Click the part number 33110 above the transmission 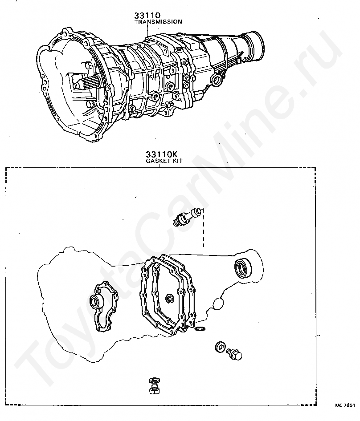click(148, 16)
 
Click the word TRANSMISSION click(158, 21)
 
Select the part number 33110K click(159, 156)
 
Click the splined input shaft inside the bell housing click(87, 83)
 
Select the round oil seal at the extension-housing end click(243, 267)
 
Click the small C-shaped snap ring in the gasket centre click(170, 299)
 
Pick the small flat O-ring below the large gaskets click(200, 329)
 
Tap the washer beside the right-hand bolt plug click(220, 347)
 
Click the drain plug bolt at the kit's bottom click(154, 388)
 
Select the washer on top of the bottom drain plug click(154, 380)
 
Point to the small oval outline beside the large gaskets click(218, 304)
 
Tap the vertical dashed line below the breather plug click(203, 231)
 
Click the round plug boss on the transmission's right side click(218, 80)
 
